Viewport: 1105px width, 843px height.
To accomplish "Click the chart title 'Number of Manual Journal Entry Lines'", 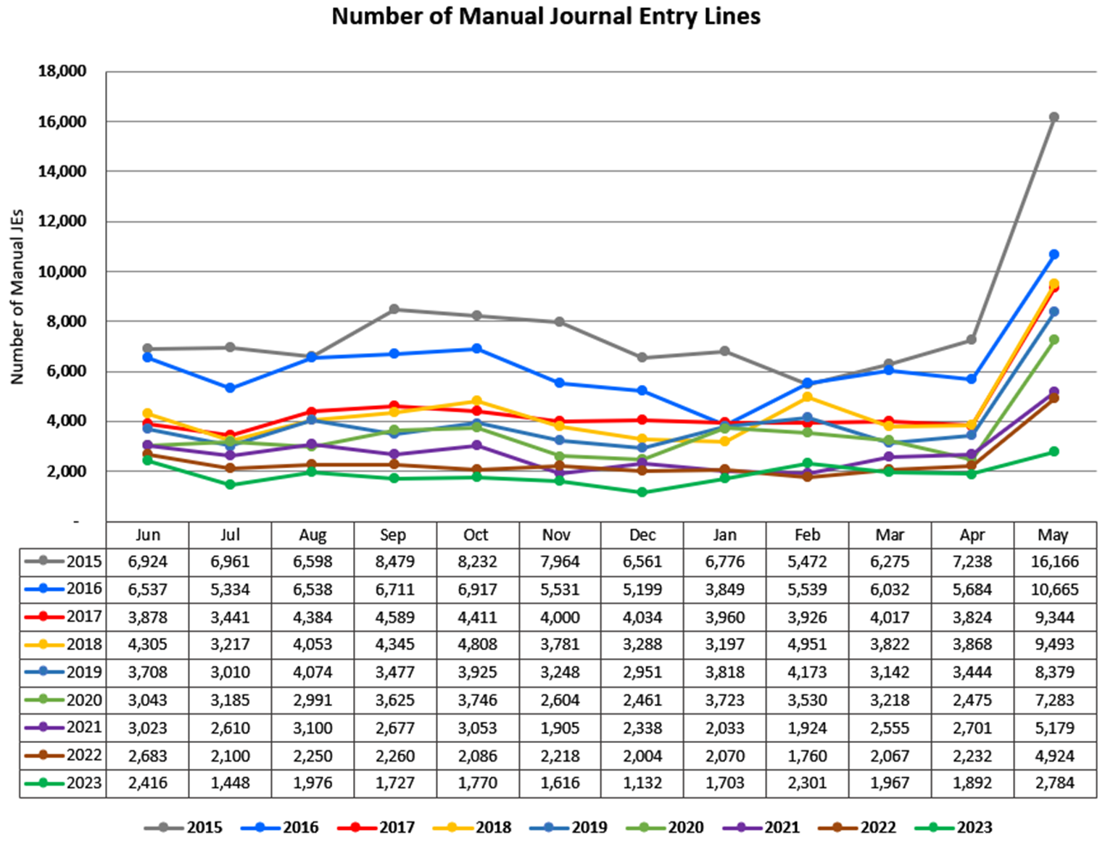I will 546,16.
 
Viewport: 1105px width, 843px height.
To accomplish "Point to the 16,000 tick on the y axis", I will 62,122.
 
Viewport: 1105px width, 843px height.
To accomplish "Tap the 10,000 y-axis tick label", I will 62,272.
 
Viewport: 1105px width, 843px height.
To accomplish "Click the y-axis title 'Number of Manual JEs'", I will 17,297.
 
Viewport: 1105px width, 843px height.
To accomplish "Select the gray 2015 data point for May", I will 1054,117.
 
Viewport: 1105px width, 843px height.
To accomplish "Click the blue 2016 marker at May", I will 1054,254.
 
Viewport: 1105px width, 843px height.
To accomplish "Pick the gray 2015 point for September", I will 394,310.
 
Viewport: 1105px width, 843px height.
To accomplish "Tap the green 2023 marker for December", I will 642,492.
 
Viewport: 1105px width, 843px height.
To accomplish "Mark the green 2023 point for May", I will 1054,452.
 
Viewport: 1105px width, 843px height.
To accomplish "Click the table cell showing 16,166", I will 1054,562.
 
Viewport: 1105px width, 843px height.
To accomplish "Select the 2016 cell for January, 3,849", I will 724,589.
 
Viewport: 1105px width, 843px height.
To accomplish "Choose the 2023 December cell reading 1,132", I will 642,783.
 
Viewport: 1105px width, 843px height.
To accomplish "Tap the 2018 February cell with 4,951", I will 807,644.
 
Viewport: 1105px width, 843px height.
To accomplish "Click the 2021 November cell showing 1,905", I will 559,728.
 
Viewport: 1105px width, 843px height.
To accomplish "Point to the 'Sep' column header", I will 393,535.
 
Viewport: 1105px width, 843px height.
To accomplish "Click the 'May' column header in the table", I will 1053,535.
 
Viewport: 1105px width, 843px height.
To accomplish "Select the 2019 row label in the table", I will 83,672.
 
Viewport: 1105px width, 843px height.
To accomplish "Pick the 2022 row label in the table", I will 83,755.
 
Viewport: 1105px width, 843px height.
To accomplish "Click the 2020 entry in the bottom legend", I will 685,827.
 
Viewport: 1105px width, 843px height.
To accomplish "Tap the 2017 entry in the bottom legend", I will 397,827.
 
